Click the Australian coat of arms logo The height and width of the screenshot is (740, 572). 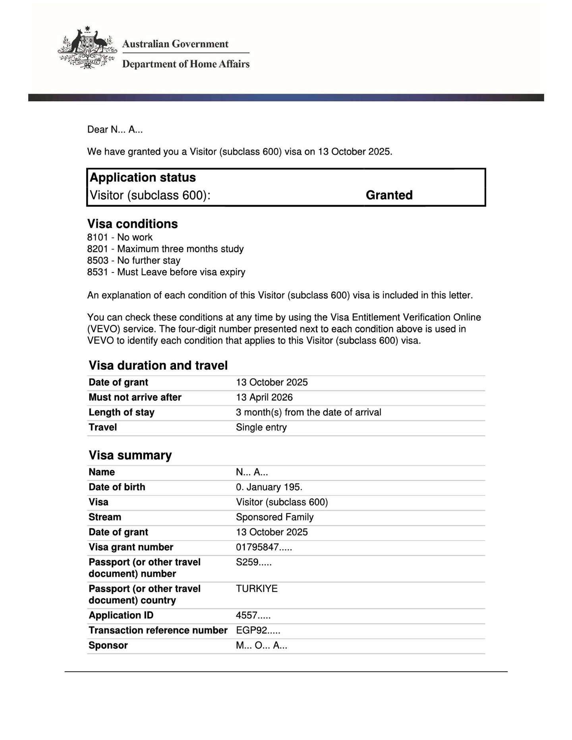click(x=87, y=48)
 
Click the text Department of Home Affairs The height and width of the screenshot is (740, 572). click(x=186, y=64)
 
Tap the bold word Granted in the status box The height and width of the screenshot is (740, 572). click(x=389, y=195)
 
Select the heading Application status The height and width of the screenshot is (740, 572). click(x=143, y=178)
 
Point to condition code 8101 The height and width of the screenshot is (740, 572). click(x=98, y=238)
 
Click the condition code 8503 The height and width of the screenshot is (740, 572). click(x=98, y=261)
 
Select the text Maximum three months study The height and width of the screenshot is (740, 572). click(x=180, y=249)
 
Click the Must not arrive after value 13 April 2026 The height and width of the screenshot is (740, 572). click(x=264, y=398)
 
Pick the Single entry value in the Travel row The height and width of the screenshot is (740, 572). click(x=261, y=427)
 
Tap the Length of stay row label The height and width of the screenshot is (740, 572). click(x=121, y=412)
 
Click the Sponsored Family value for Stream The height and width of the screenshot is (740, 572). click(x=274, y=517)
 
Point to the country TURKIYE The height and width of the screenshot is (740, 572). click(x=257, y=589)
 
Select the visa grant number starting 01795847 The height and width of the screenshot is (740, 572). click(x=264, y=547)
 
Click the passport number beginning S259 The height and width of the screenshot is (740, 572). click(x=253, y=562)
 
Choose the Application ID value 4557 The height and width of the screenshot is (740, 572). click(x=253, y=616)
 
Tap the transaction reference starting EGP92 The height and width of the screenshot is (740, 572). click(x=258, y=631)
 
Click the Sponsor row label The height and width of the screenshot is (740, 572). click(x=108, y=645)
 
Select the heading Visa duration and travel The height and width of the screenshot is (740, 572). click(x=158, y=365)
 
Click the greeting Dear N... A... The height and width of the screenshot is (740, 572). click(x=115, y=129)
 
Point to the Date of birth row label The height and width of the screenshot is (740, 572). click(x=117, y=487)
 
